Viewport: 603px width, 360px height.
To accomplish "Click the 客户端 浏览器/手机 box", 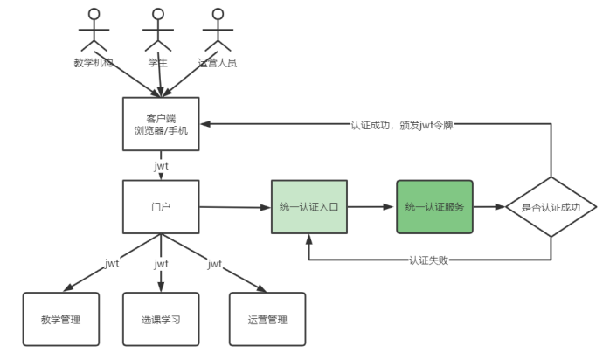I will click(161, 124).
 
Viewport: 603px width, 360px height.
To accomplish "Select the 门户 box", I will click(161, 207).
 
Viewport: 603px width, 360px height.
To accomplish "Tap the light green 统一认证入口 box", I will click(308, 207).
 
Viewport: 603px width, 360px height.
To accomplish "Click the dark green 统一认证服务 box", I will click(434, 207).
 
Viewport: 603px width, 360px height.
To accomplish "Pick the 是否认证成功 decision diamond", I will click(551, 207).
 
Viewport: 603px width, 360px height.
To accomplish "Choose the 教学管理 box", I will click(61, 319).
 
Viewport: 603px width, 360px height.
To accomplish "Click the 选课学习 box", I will click(161, 319).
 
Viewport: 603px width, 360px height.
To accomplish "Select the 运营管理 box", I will click(267, 319).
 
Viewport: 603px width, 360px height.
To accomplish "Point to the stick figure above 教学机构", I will click(94, 31).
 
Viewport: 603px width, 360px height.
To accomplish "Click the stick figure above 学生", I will click(157, 31).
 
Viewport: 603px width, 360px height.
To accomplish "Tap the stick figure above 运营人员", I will click(218, 31).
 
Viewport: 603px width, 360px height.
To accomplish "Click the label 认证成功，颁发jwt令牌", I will click(401, 124).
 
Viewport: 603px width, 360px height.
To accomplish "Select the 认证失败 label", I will click(429, 260).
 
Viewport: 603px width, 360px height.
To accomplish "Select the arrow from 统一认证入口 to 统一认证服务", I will click(372, 207).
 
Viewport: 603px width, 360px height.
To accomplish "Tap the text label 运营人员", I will click(218, 63).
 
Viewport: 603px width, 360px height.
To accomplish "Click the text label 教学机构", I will click(94, 63).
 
